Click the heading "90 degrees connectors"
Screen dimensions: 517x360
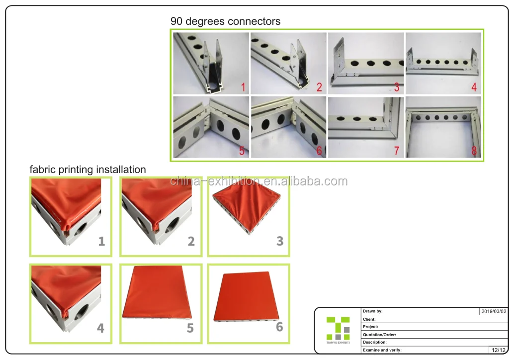[226, 21]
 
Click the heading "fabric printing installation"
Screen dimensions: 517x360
[87, 170]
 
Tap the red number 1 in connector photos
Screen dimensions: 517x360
[243, 88]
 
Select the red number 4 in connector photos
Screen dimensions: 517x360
[474, 87]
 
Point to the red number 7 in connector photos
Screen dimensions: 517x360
[397, 151]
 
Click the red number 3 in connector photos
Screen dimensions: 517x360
[397, 87]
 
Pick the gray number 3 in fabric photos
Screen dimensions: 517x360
[280, 241]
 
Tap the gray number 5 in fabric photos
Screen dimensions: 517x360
[190, 328]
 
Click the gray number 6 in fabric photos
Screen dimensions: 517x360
[279, 327]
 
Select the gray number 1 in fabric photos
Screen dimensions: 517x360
[101, 241]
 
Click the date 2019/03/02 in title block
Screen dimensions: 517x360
[494, 311]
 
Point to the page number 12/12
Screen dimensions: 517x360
[499, 350]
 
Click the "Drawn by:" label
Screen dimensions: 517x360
[372, 311]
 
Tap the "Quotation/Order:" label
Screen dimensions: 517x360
[379, 335]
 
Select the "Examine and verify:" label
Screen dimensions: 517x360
[382, 350]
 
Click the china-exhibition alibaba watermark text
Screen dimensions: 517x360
[259, 181]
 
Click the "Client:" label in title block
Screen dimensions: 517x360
[369, 319]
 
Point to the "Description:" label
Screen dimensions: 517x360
[375, 342]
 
